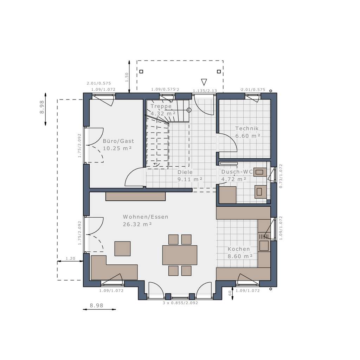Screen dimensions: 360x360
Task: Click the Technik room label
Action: point(247,129)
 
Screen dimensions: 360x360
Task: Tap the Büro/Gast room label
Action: point(118,141)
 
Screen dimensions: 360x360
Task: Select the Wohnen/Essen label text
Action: point(146,217)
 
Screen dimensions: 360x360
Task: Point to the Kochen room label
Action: point(239,249)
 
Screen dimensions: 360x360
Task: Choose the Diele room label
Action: point(185,172)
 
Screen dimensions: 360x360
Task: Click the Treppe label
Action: point(161,106)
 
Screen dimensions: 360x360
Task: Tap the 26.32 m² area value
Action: point(137,224)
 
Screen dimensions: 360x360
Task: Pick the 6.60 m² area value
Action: point(247,136)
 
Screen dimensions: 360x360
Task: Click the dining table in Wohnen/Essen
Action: point(180,255)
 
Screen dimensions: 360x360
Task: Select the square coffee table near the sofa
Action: point(122,249)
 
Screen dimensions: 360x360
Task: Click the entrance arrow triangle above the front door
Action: point(204,82)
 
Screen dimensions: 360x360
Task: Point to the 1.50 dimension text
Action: point(127,76)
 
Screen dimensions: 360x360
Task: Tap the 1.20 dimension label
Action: point(71,259)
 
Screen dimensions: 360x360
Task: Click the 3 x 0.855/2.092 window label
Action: point(180,303)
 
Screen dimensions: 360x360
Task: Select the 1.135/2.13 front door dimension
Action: point(205,91)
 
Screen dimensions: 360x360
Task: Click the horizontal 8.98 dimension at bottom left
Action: point(97,306)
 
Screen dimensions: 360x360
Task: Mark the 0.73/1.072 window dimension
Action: point(281,176)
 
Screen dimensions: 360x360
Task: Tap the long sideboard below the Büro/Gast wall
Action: point(135,196)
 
